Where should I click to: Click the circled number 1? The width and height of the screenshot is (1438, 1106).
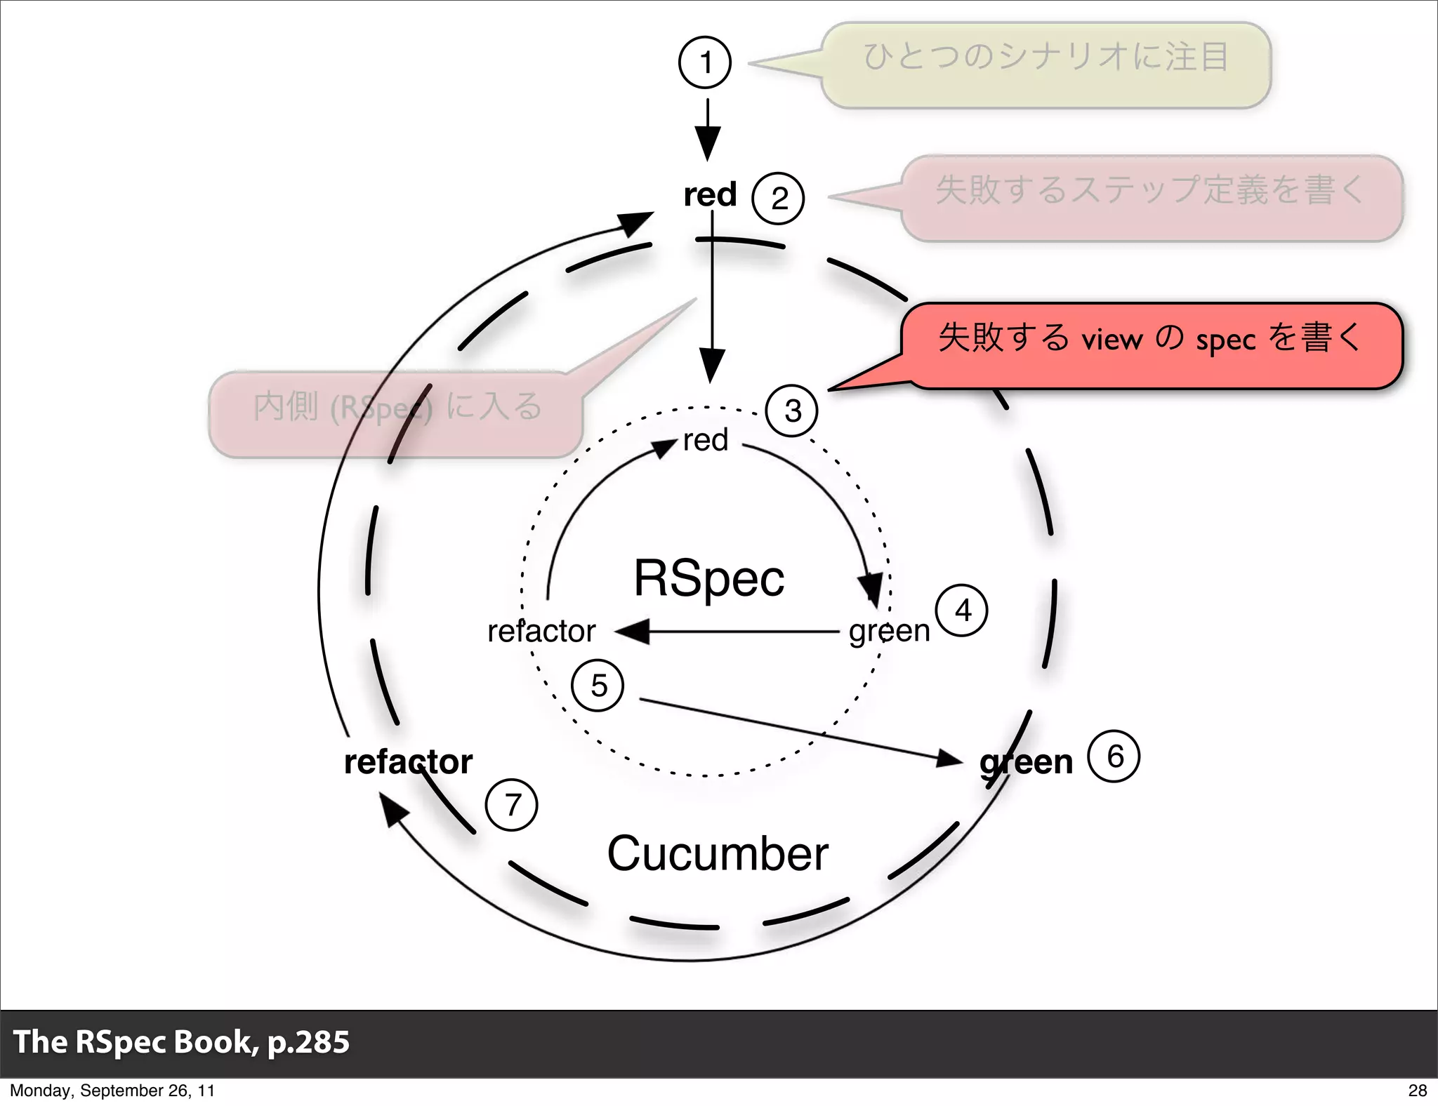(x=705, y=62)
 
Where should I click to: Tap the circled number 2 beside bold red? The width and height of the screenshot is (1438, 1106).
(x=778, y=199)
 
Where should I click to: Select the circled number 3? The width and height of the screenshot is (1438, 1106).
(x=792, y=411)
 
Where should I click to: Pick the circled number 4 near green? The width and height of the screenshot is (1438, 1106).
(x=962, y=611)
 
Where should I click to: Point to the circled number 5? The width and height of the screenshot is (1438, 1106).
(x=598, y=686)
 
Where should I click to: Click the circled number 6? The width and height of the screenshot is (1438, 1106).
(x=1114, y=757)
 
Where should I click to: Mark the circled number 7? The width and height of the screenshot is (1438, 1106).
(x=512, y=805)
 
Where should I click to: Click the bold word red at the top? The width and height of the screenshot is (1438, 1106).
(x=710, y=194)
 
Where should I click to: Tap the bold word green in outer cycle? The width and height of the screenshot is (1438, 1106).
(x=1026, y=762)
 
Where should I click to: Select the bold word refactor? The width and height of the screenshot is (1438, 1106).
(x=408, y=762)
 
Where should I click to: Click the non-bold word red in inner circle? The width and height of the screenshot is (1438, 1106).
(x=706, y=441)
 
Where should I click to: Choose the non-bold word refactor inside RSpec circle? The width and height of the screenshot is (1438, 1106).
(x=541, y=631)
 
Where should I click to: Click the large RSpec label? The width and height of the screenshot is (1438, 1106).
(x=709, y=578)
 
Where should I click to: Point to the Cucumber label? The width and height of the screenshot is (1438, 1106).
(x=718, y=854)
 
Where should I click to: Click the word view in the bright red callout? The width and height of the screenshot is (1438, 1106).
(x=1112, y=340)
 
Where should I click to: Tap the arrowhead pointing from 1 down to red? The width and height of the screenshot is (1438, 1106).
(x=708, y=145)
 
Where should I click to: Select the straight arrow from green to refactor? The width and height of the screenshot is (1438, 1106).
(x=730, y=632)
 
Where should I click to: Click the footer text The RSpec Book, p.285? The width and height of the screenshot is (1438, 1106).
(x=181, y=1041)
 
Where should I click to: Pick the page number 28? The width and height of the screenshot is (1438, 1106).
(x=1417, y=1090)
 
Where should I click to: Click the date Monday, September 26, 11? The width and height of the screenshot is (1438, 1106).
(x=112, y=1090)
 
